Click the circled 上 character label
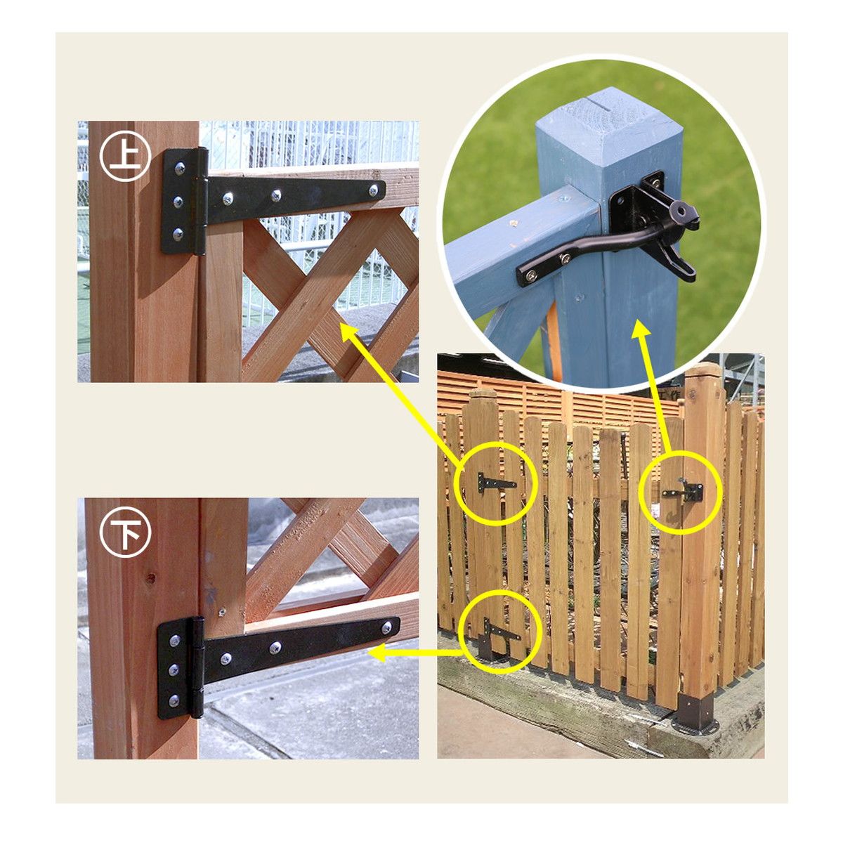[125, 156]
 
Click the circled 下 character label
[125, 532]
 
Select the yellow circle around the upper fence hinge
[495, 483]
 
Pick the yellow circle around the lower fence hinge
[502, 632]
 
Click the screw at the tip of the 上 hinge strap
[373, 190]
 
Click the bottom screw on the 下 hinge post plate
[174, 700]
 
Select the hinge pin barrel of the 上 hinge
[201, 201]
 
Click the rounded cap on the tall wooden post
[703, 370]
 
